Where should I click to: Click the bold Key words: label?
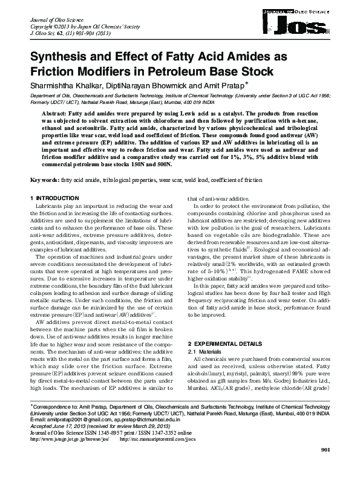click(45, 180)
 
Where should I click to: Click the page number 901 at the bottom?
click(325, 467)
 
